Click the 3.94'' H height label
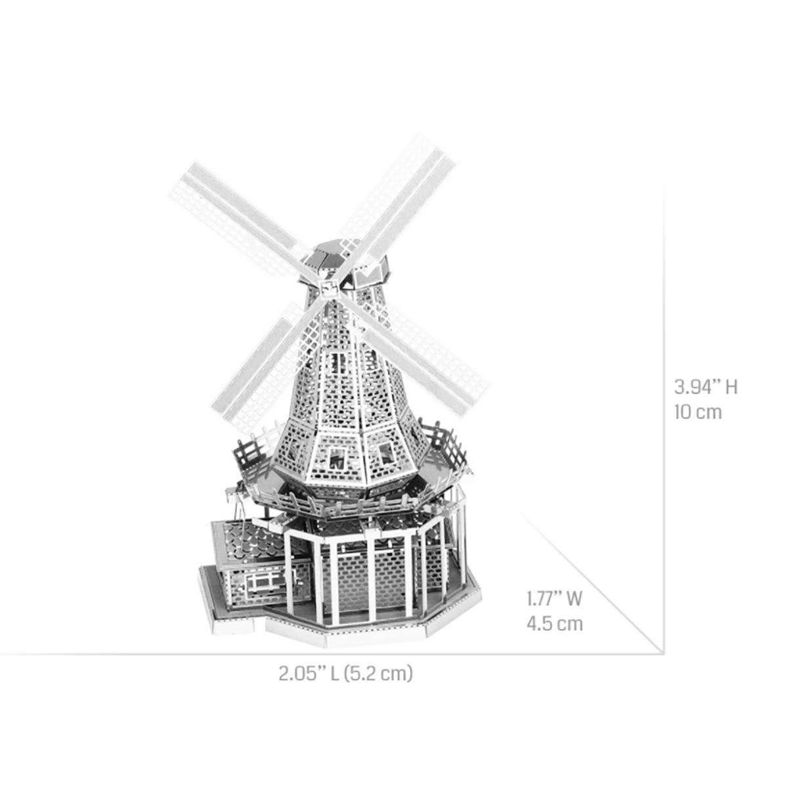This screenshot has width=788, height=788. [706, 387]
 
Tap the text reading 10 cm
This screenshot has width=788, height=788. [697, 412]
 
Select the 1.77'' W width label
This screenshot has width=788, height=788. [554, 598]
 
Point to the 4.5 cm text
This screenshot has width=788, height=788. [554, 623]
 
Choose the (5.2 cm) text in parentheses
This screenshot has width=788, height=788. [380, 674]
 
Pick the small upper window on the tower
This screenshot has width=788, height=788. [339, 362]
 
